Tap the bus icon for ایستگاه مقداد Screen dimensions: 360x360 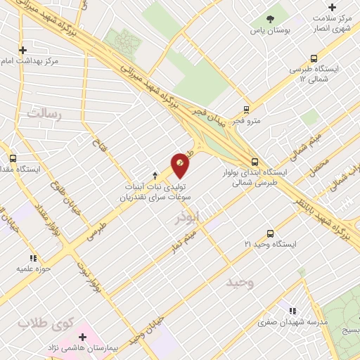tap(13, 158)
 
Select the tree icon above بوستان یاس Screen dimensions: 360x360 tap(269, 19)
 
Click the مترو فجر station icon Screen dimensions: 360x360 tap(246, 109)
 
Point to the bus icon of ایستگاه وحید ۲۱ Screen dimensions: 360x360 tap(270, 233)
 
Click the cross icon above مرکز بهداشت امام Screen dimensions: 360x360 tap(23, 50)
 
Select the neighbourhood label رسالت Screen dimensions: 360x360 tap(45, 113)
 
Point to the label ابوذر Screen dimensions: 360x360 tap(188, 217)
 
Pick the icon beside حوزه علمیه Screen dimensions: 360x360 tap(32, 259)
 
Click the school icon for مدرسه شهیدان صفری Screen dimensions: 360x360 tap(292, 311)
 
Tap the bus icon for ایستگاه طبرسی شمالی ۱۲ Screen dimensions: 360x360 tap(314, 59)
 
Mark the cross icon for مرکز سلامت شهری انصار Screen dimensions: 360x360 tap(332, 7)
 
